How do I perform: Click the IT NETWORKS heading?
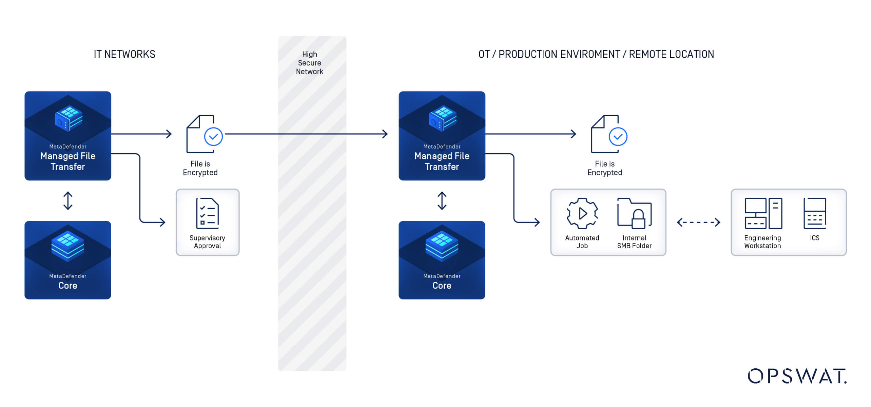tap(124, 54)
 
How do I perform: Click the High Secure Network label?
tap(309, 63)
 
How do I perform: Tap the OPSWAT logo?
tap(797, 376)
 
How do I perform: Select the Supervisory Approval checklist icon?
tap(207, 213)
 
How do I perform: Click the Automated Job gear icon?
tap(582, 213)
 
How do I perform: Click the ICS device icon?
tap(815, 213)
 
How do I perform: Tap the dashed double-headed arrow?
tap(698, 222)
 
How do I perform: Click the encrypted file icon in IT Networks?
tap(204, 134)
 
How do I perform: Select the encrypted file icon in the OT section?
tap(608, 134)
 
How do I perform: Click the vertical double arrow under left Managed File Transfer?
tap(68, 201)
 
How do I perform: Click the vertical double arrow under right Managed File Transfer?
tap(442, 201)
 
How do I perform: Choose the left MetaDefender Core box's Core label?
tap(68, 286)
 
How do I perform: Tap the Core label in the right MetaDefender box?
tap(442, 286)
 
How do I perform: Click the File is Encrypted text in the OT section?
tap(604, 168)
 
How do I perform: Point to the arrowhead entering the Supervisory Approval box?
tap(162, 222)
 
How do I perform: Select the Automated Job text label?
tap(582, 242)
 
